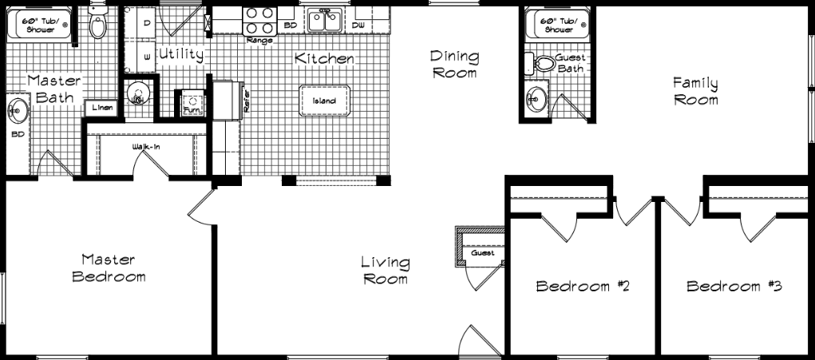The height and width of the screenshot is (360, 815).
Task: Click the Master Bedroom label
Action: pyautogui.click(x=109, y=268)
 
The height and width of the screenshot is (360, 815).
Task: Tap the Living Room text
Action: pyautogui.click(x=385, y=270)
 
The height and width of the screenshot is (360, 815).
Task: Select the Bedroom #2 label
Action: pyautogui.click(x=583, y=287)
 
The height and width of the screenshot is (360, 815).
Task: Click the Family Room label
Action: pyautogui.click(x=695, y=91)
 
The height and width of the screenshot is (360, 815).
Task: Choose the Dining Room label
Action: pyautogui.click(x=453, y=65)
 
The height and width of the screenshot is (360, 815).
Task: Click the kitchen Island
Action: pyautogui.click(x=324, y=101)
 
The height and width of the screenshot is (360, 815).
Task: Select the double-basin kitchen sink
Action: pyautogui.click(x=325, y=20)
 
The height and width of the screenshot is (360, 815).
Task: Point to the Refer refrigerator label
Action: pyautogui.click(x=247, y=99)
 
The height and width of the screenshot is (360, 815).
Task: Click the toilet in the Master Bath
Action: pyautogui.click(x=98, y=25)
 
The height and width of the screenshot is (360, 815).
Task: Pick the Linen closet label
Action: pyautogui.click(x=101, y=107)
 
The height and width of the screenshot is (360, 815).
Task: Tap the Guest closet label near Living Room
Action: pyautogui.click(x=482, y=253)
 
